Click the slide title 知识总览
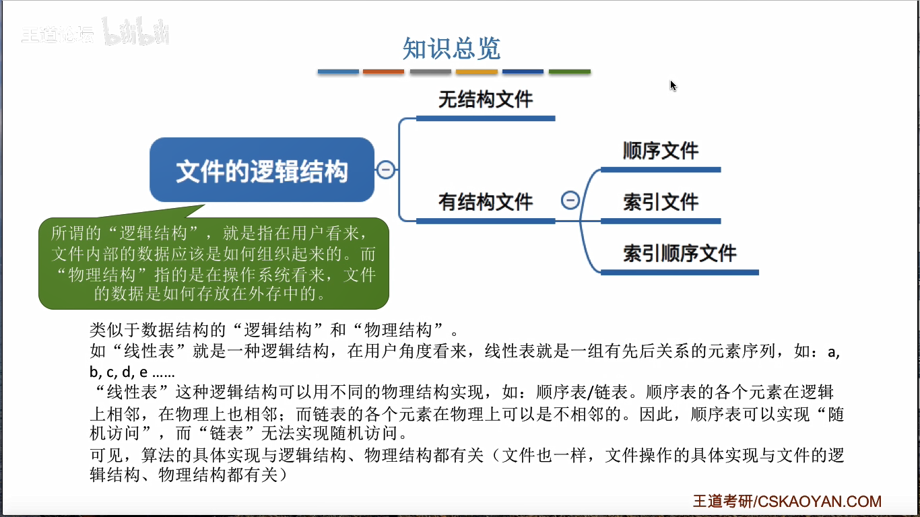point(451,48)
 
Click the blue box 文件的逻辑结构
point(261,170)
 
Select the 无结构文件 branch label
point(485,100)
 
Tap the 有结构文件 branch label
point(485,201)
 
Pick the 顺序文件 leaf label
point(660,150)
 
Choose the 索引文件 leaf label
point(660,201)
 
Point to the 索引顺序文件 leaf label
point(679,253)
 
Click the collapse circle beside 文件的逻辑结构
point(385,170)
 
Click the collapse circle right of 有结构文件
point(570,200)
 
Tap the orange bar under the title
point(383,71)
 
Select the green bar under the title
point(569,71)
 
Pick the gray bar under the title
point(430,71)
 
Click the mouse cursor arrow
point(673,85)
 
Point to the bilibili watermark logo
point(136,33)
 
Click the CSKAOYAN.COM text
point(820,502)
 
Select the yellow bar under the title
point(476,71)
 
